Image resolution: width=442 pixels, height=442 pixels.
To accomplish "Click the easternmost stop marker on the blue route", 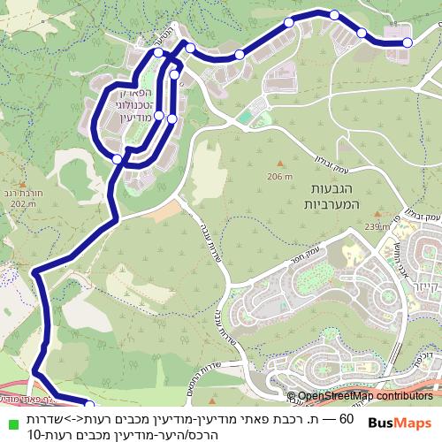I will point(407,42).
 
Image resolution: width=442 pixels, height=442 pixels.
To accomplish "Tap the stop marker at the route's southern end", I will point(88,405).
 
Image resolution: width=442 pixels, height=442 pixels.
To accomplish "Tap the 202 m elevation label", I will point(20,203).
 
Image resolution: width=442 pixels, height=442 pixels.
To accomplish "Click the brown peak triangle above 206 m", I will point(280,164).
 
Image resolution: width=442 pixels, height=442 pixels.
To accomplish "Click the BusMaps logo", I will point(400,422).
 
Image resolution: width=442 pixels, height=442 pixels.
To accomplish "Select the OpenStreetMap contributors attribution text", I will point(365,396).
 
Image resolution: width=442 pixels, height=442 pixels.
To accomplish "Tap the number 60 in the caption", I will point(346,418).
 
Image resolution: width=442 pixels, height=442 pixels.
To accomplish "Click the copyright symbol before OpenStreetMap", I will point(291,396).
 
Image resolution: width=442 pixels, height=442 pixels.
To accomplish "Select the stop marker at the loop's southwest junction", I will point(118,158).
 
